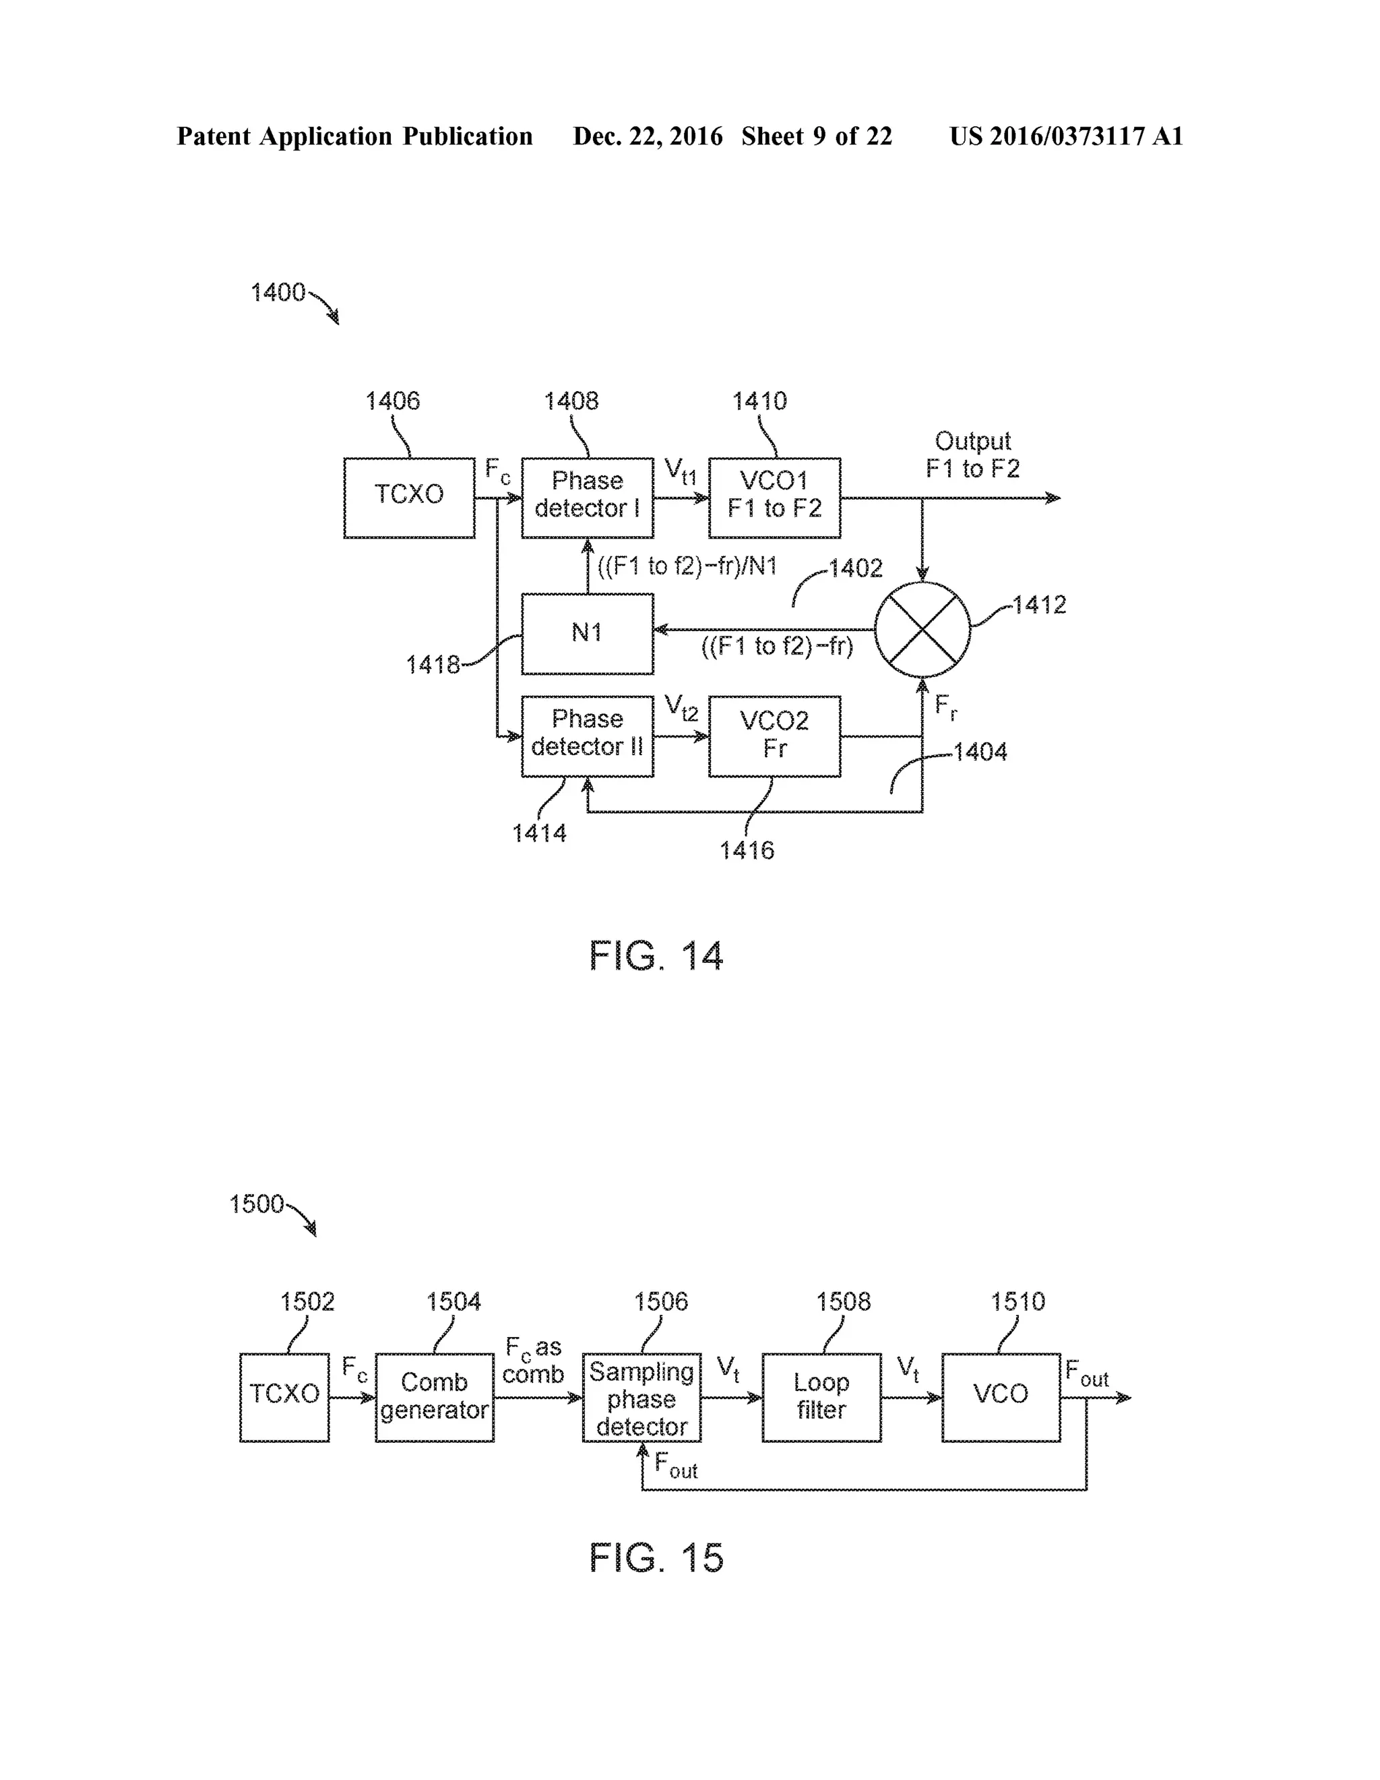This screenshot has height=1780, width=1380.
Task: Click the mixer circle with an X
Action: click(922, 629)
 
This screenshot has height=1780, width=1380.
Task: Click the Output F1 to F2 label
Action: click(973, 455)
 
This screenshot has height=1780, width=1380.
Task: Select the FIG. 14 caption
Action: click(656, 955)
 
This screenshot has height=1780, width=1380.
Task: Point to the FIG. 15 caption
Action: click(656, 1557)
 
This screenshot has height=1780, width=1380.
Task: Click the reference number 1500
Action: click(256, 1204)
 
